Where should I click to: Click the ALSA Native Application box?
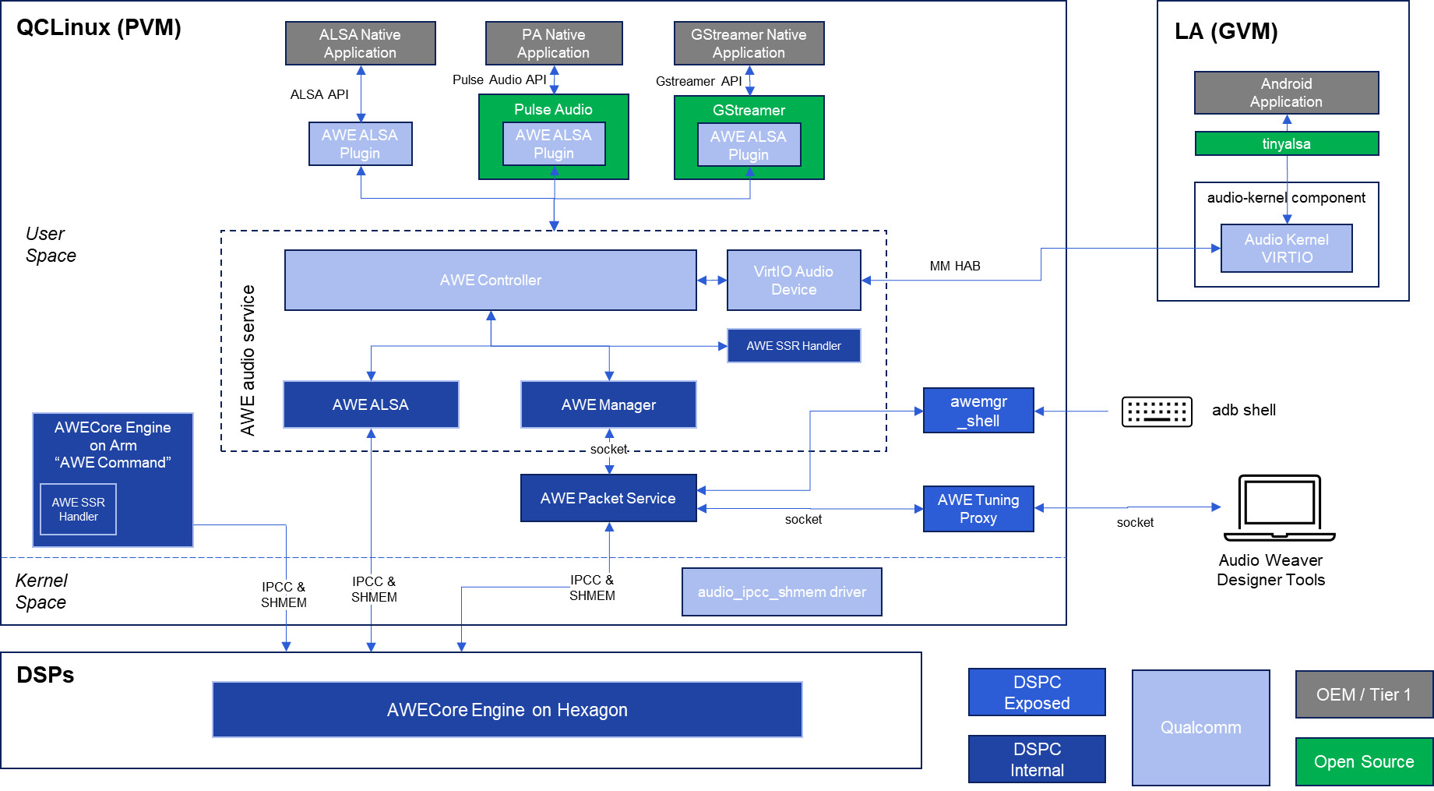click(360, 44)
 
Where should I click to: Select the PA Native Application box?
click(553, 44)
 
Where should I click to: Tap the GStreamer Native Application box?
click(749, 44)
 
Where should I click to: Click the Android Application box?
click(1286, 93)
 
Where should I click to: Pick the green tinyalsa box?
click(1286, 143)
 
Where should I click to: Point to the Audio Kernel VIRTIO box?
click(1286, 249)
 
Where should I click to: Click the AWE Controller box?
click(490, 280)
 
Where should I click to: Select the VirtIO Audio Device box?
click(793, 281)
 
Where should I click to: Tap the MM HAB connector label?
click(955, 267)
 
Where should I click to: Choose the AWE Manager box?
click(608, 404)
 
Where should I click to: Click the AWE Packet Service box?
click(608, 498)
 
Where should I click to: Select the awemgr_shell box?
click(978, 411)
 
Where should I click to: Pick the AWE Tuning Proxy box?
click(978, 509)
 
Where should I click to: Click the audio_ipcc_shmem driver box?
click(781, 592)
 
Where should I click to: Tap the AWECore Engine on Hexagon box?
click(507, 710)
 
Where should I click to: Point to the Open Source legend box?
click(1364, 761)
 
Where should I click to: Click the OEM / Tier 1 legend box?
click(1364, 694)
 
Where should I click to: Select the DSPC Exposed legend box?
click(1037, 692)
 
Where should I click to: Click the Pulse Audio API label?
click(499, 80)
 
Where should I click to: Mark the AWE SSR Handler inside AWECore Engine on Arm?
click(78, 510)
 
